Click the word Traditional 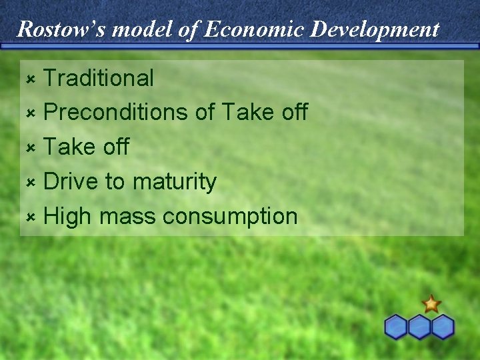(99, 78)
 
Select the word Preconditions (116, 113)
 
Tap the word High (67, 217)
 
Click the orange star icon (431, 304)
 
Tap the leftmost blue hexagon (396, 327)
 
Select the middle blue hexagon (419, 327)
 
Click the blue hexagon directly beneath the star (442, 327)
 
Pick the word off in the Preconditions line (293, 113)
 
